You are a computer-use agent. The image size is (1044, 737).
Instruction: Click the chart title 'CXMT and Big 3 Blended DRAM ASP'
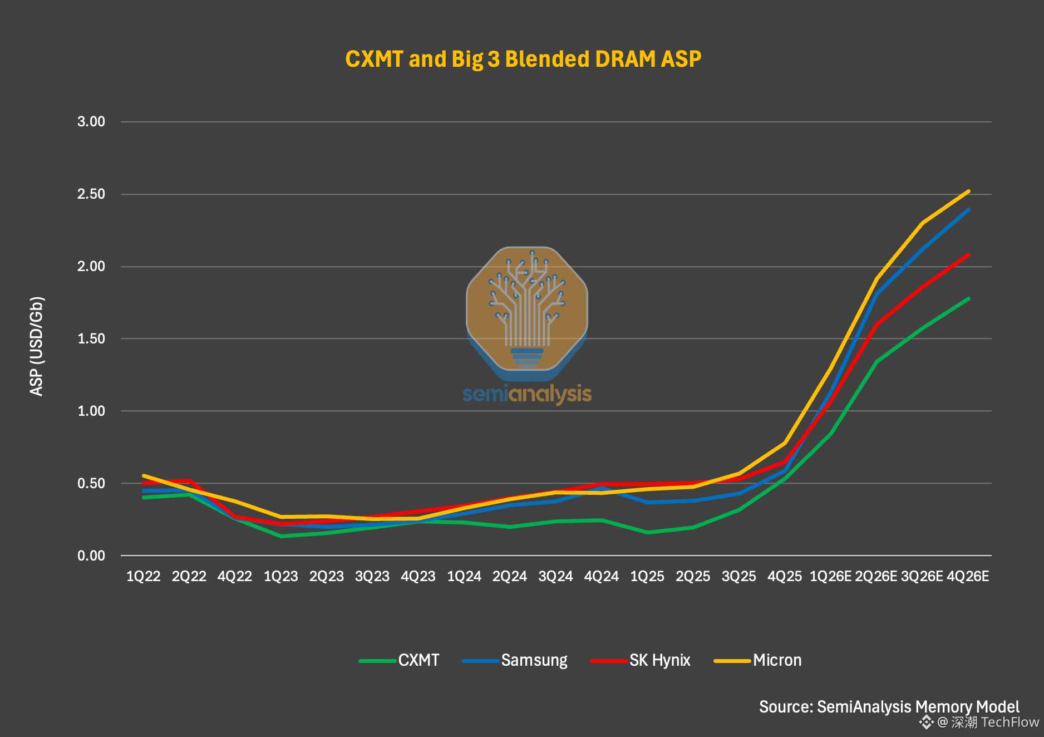(x=523, y=59)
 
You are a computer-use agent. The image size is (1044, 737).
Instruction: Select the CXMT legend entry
(x=399, y=660)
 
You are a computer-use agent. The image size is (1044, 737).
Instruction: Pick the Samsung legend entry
(x=515, y=660)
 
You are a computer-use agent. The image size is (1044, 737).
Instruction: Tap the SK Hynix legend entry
(x=641, y=660)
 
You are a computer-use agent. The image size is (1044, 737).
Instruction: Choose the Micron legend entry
(x=758, y=660)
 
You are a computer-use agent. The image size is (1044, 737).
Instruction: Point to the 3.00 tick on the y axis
(x=91, y=121)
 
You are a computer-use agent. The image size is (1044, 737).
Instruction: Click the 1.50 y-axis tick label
(x=91, y=338)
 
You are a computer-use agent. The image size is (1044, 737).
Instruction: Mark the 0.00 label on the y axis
(x=91, y=556)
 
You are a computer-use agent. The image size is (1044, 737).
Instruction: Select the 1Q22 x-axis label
(x=144, y=576)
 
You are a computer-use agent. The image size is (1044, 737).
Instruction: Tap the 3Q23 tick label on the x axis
(x=372, y=576)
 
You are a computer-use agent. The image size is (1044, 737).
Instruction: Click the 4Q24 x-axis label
(x=602, y=576)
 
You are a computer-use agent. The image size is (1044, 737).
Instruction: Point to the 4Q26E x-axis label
(x=968, y=576)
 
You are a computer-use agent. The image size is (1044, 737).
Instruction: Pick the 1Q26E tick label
(x=830, y=576)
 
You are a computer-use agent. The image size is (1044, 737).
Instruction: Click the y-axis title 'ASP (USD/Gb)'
(x=37, y=346)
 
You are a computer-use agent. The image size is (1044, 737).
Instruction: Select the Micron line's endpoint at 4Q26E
(x=969, y=191)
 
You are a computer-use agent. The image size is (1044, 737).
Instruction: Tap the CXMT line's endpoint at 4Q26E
(x=969, y=299)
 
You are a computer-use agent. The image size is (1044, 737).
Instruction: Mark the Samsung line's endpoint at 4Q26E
(x=969, y=209)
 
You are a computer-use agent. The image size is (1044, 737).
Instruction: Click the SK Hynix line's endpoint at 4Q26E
(x=969, y=254)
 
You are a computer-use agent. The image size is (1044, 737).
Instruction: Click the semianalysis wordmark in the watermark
(x=527, y=394)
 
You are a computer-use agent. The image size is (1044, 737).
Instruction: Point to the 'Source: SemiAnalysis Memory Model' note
(x=889, y=707)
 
